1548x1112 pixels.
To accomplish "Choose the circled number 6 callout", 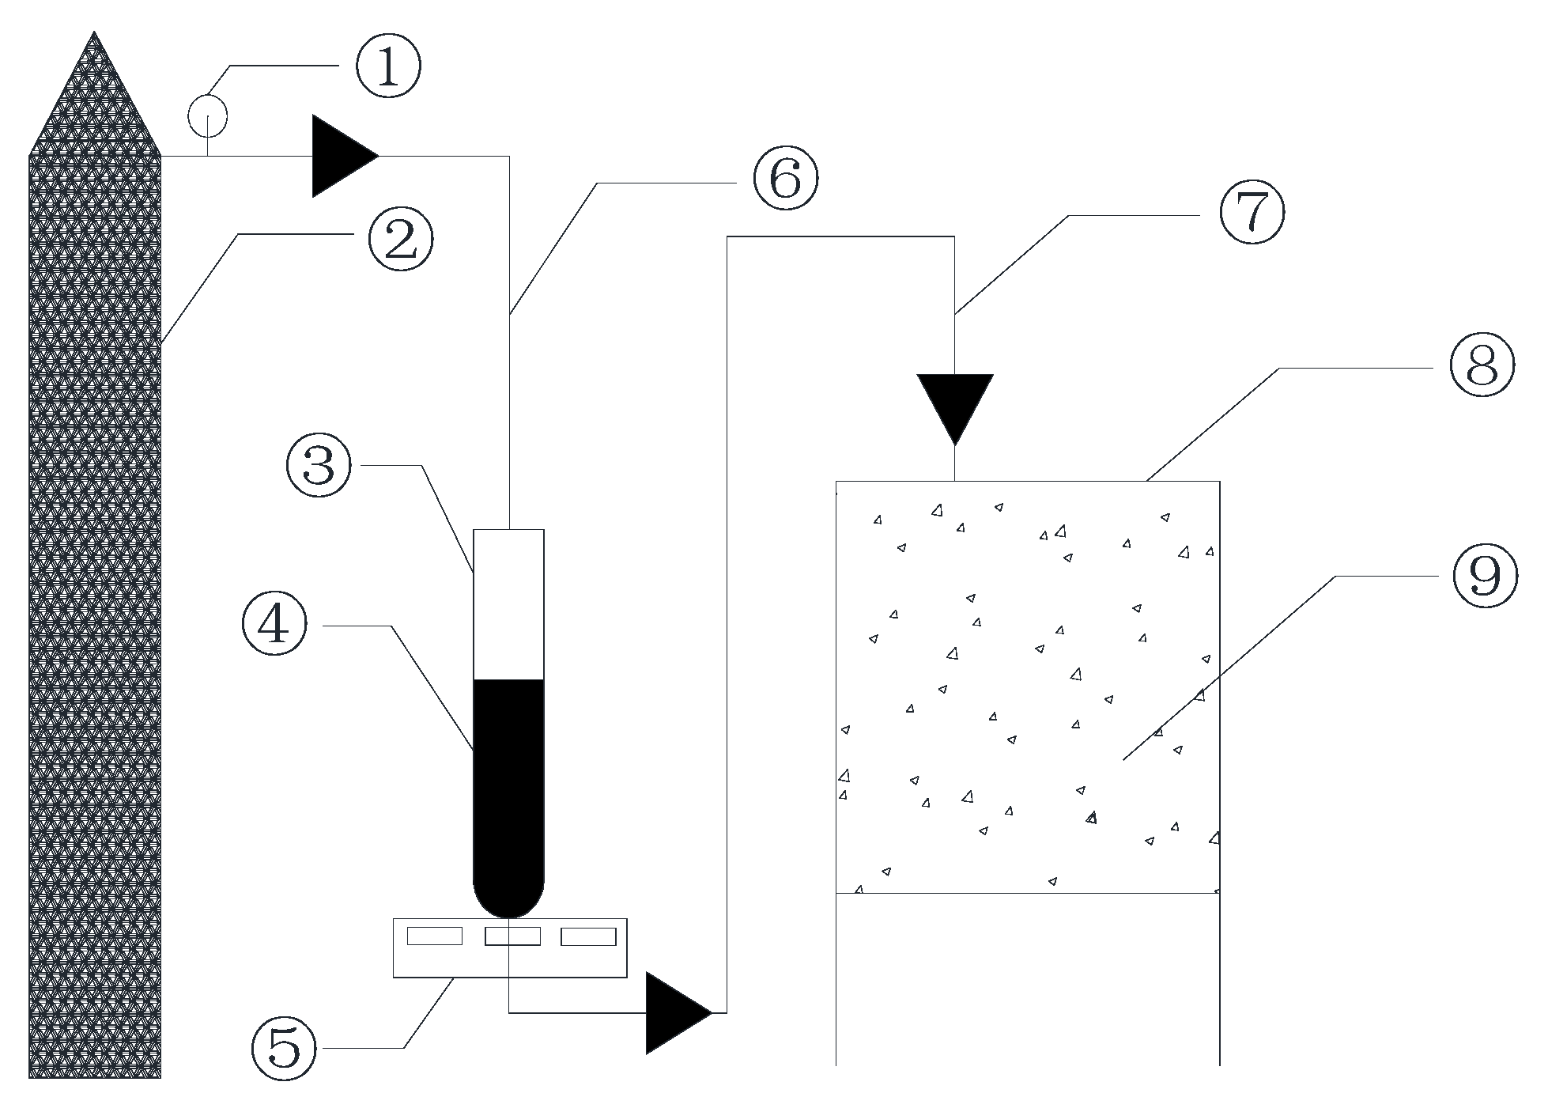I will click(x=785, y=180).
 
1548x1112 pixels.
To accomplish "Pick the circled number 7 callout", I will click(x=1252, y=215).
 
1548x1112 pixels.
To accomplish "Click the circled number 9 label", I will click(x=1486, y=578).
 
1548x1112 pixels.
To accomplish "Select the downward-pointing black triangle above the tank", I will click(x=955, y=403).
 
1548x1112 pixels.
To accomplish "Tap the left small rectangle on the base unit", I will click(x=435, y=936).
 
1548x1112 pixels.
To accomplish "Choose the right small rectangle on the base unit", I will click(x=588, y=936).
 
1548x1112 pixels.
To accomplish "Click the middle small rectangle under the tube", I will click(x=512, y=936).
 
